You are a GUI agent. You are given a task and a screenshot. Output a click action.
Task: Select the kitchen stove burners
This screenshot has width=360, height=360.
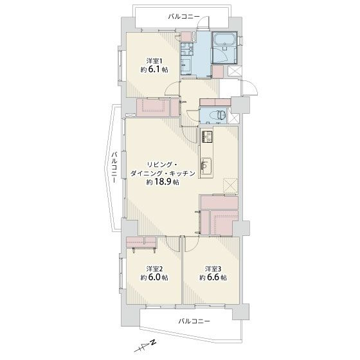[x=208, y=138]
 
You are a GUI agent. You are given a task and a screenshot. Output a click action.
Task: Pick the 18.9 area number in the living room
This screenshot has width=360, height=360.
[x=167, y=182]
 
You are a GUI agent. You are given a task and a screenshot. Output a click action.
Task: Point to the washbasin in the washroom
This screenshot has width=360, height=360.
[x=187, y=64]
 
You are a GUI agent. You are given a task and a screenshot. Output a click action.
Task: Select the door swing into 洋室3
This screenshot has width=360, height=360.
[x=193, y=244]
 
